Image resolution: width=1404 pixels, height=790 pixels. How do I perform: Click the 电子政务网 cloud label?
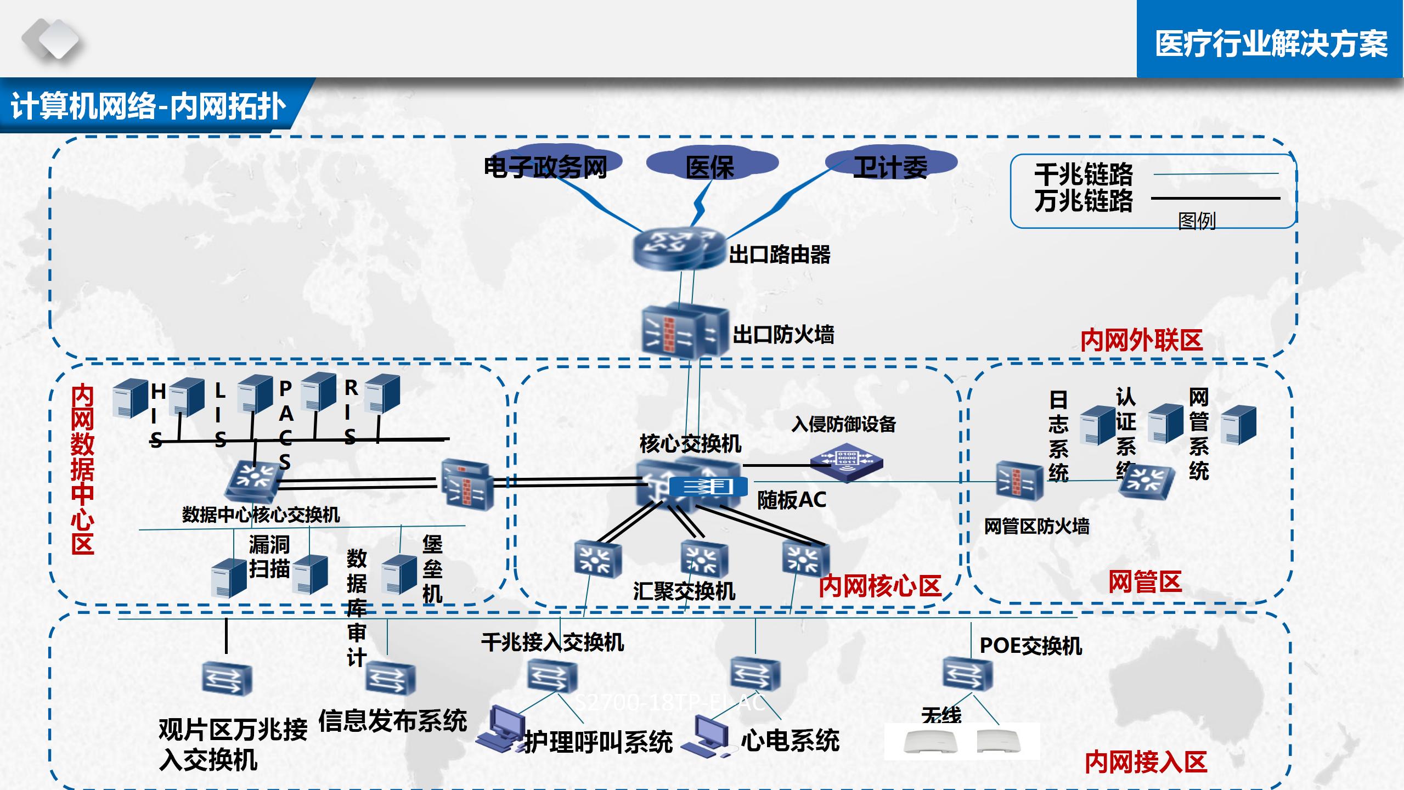[x=545, y=167]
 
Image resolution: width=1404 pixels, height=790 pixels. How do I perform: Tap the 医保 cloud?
[x=710, y=166]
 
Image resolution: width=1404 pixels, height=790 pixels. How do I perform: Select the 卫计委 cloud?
[x=890, y=166]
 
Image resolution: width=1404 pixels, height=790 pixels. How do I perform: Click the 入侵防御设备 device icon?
[x=847, y=464]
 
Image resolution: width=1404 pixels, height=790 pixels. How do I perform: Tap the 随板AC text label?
[x=791, y=500]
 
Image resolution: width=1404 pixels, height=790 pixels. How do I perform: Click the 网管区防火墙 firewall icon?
[x=1019, y=481]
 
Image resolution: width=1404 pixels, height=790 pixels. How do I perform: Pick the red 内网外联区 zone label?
[x=1141, y=340]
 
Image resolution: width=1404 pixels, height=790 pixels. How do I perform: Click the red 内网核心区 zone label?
[x=880, y=586]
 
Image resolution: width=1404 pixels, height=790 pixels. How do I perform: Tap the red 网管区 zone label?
[x=1144, y=582]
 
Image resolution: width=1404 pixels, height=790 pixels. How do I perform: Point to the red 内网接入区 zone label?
[x=1146, y=761]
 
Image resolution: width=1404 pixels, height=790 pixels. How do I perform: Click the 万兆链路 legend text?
[x=1084, y=201]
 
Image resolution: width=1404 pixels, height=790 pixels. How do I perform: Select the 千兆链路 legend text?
[x=1084, y=174]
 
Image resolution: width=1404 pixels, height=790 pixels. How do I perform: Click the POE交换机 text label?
[x=1030, y=646]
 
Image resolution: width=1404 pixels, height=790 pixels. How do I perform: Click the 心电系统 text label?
[x=790, y=740]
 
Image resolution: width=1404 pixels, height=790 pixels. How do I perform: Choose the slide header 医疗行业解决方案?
[x=1271, y=44]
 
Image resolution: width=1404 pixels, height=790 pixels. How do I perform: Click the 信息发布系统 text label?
[x=392, y=720]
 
